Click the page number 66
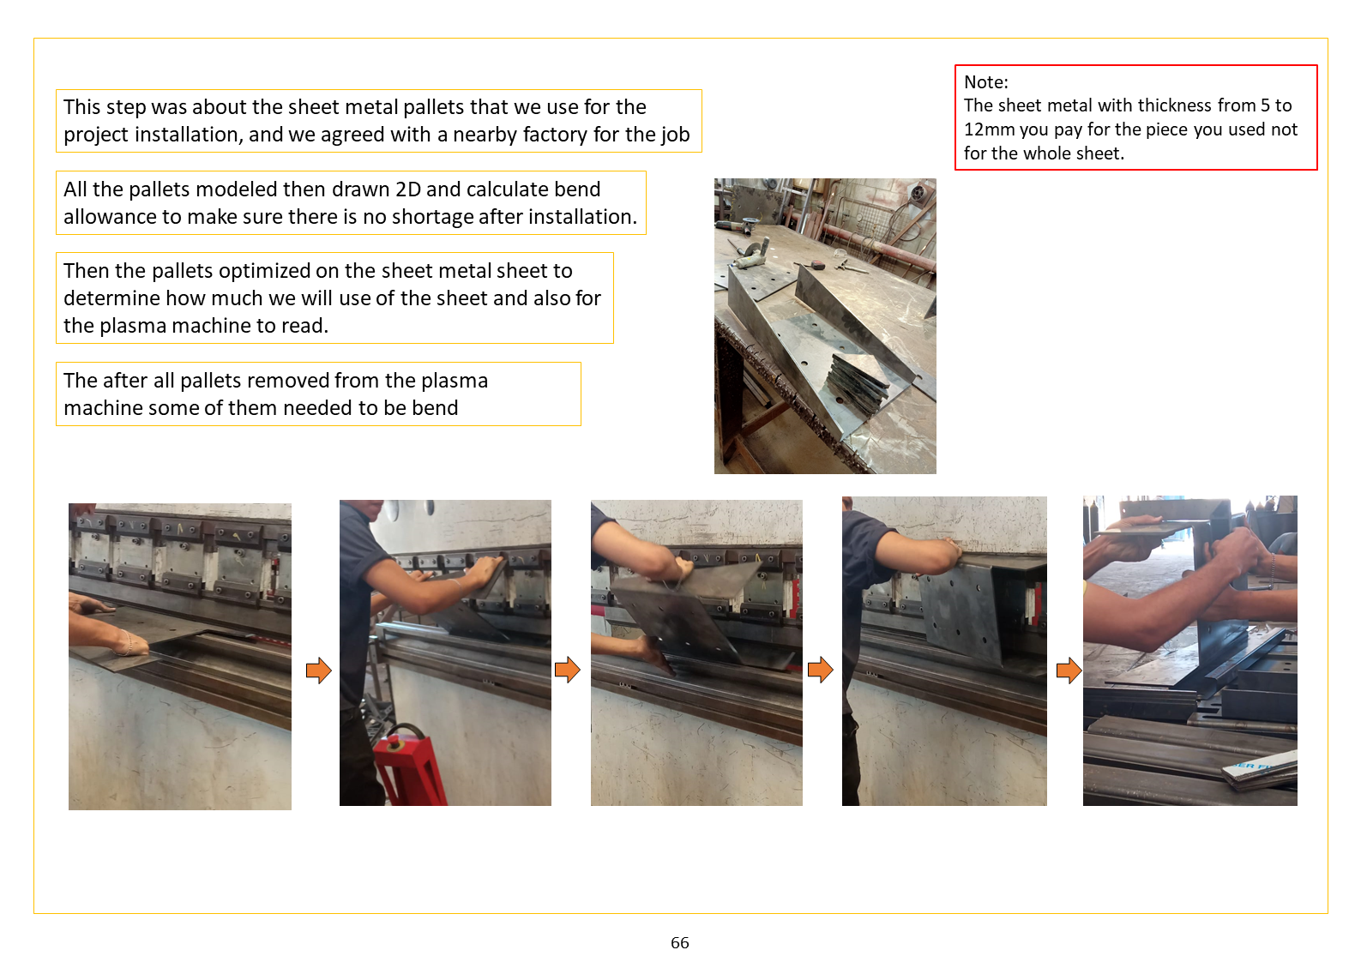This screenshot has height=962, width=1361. pyautogui.click(x=679, y=942)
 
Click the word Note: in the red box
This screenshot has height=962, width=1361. pyautogui.click(x=985, y=82)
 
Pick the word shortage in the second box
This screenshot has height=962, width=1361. pyautogui.click(x=431, y=217)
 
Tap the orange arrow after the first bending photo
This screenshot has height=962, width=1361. pyautogui.click(x=318, y=670)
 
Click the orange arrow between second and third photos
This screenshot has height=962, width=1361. pyautogui.click(x=568, y=670)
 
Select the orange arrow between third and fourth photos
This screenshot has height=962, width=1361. pyautogui.click(x=820, y=670)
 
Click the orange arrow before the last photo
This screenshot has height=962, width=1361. pyautogui.click(x=1069, y=670)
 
